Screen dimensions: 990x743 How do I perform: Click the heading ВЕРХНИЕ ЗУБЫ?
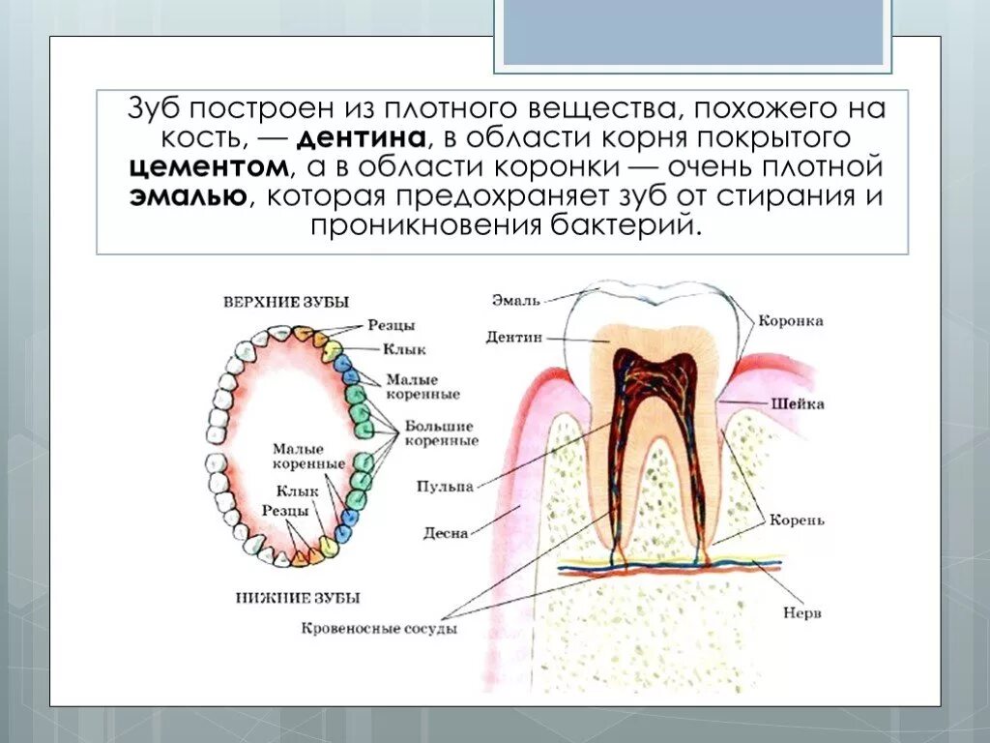pos(286,302)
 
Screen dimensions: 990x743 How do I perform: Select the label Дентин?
pos(514,338)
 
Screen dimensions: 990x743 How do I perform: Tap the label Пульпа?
pos(446,487)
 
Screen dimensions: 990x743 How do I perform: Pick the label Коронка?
pos(790,321)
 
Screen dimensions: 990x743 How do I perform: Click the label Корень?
pos(797,520)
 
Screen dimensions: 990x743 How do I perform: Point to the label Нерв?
pos(795,612)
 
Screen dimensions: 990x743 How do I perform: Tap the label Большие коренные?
pos(441,432)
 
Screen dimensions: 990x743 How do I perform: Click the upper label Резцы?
pos(392,325)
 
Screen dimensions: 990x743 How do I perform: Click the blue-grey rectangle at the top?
pos(693,32)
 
